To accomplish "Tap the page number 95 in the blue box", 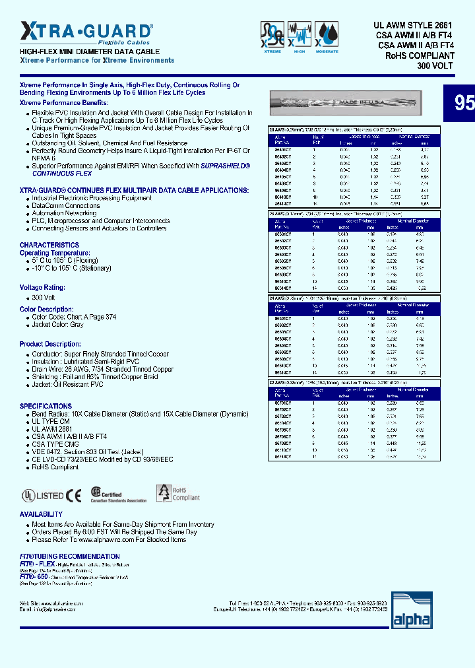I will pyautogui.click(x=464, y=103).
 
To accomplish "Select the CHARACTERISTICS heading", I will pyautogui.click(x=49, y=245).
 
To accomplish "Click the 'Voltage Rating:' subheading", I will pyautogui.click(x=42, y=288).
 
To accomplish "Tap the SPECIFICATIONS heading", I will pyautogui.click(x=46, y=406).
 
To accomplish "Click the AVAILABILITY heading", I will pyautogui.click(x=41, y=514).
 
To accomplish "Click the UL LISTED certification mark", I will pyautogui.click(x=42, y=496).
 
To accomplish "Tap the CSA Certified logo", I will pyautogui.click(x=118, y=495).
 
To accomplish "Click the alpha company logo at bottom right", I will pyautogui.click(x=412, y=611).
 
